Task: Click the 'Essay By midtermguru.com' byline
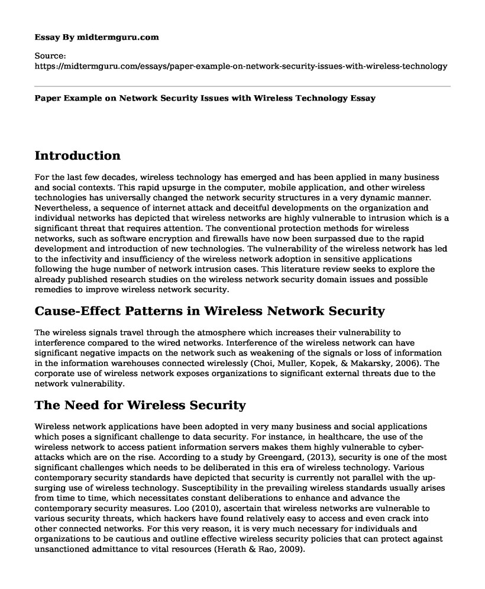click(x=97, y=37)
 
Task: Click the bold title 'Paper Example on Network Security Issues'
click(x=214, y=98)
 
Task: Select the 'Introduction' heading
click(x=77, y=156)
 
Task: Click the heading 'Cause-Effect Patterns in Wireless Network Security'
click(x=210, y=311)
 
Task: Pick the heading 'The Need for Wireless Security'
click(x=141, y=406)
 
